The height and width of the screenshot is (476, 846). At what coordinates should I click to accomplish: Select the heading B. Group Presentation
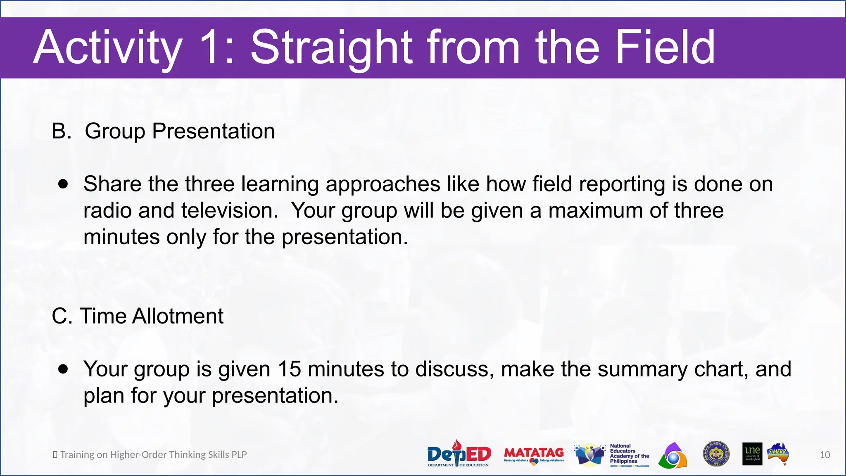click(163, 131)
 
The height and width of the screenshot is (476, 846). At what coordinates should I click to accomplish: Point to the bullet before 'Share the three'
click(63, 184)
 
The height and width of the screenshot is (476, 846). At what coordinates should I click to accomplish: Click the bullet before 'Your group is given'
click(63, 369)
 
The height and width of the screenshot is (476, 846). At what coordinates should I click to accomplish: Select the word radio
click(107, 210)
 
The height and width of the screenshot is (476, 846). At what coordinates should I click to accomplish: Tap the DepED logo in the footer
click(459, 454)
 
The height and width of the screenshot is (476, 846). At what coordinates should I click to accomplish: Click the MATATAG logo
click(534, 455)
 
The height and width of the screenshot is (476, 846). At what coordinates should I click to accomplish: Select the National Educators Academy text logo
click(629, 455)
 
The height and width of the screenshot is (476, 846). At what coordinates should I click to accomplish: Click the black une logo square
click(752, 454)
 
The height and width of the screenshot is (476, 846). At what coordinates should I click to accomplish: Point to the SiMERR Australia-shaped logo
click(778, 454)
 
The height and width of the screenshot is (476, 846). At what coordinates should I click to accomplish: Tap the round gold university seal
click(716, 454)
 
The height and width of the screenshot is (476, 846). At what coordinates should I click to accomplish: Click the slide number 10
click(825, 455)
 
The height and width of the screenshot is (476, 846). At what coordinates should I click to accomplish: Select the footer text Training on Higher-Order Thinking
click(153, 455)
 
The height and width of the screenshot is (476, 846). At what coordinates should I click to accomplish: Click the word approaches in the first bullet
click(383, 184)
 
